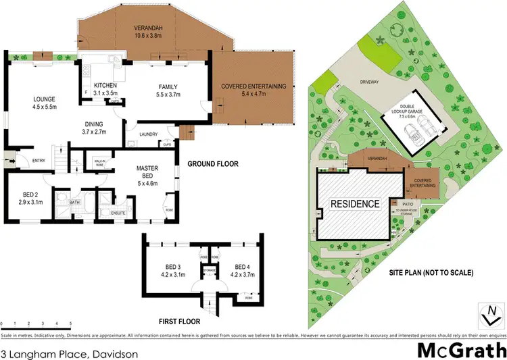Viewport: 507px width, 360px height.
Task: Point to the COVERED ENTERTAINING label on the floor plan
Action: click(254, 86)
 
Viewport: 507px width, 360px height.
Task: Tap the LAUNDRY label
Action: click(148, 134)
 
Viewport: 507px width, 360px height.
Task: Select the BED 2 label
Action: click(30, 195)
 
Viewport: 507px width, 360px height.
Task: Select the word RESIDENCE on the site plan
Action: click(355, 203)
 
